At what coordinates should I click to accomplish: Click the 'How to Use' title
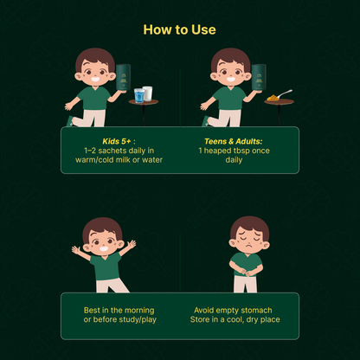(179, 29)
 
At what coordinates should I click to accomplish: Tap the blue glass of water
(139, 96)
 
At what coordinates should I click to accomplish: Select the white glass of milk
(148, 93)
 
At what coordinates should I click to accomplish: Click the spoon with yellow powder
(280, 96)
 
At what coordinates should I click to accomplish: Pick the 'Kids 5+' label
(117, 141)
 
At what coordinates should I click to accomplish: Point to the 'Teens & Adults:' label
(234, 141)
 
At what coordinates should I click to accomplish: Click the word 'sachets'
(112, 151)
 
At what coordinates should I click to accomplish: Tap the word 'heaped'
(217, 151)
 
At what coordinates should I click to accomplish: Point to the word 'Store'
(200, 319)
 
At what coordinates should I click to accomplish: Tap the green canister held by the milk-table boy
(123, 78)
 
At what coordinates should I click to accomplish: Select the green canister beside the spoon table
(259, 78)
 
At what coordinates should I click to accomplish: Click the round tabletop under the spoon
(279, 102)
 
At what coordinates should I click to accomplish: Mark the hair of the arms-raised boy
(102, 228)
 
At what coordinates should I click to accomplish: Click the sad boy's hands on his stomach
(246, 272)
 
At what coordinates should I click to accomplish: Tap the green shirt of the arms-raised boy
(106, 267)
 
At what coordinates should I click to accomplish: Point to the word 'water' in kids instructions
(152, 160)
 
